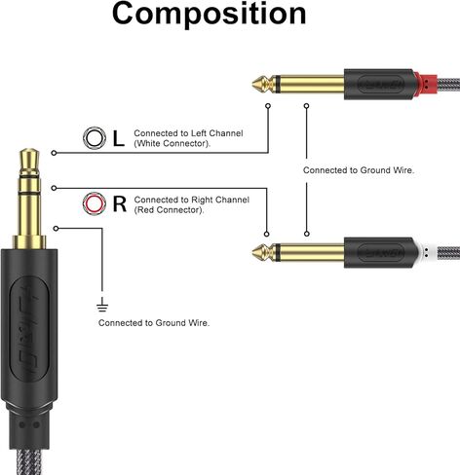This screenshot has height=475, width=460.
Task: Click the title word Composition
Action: point(209,14)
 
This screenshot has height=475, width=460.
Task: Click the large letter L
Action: point(119,138)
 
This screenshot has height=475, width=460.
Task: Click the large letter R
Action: point(120,203)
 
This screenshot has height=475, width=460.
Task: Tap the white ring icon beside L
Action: point(95,138)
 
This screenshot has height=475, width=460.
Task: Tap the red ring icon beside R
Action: point(95,203)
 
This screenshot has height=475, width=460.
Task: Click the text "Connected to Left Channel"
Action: point(188,133)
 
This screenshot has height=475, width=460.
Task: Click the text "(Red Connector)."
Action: point(170,210)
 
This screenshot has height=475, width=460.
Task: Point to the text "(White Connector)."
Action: point(172,143)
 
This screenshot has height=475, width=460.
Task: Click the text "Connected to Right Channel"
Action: point(192,200)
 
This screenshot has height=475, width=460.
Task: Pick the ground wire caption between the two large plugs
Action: point(359,170)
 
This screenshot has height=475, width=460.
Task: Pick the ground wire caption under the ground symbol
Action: point(154,323)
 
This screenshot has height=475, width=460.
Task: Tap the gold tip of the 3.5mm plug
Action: point(29,161)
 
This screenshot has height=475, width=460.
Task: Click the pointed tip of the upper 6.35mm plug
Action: point(252,84)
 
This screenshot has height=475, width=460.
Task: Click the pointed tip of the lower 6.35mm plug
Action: point(252,252)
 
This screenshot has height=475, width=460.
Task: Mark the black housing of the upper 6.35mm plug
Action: point(379,84)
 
